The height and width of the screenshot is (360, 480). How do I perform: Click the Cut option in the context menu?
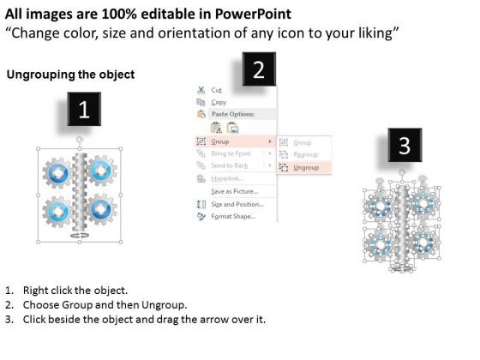[x=217, y=89]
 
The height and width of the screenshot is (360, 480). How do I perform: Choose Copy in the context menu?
[x=219, y=101]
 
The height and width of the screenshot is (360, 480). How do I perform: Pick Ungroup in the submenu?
[x=305, y=168]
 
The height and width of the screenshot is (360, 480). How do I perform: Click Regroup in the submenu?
[x=305, y=154]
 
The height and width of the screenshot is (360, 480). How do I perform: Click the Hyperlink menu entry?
[x=225, y=177]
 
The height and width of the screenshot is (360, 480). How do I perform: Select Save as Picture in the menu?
[x=234, y=191]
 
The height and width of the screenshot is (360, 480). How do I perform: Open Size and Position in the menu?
[x=237, y=204]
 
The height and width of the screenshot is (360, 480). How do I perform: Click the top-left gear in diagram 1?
[x=57, y=172]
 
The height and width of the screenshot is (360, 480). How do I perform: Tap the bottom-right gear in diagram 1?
[x=101, y=210]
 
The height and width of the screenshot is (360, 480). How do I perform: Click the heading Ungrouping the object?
[x=70, y=75]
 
